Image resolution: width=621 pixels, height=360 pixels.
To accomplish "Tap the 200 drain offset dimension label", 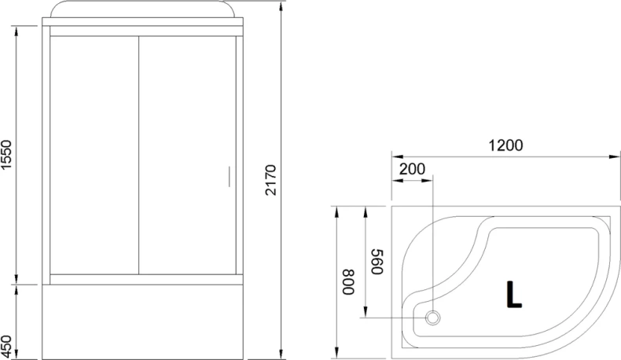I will coord(412,169).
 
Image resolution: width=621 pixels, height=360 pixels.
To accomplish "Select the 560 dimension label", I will coord(375,262).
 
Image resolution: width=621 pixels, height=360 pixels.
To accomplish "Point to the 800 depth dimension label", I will coord(348,281).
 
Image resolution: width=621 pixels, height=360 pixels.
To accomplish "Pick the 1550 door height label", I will coord(7,155).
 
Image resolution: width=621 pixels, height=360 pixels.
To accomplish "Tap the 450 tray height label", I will coord(7,343).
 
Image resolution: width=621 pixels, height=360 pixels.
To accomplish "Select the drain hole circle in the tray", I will coord(433,318).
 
